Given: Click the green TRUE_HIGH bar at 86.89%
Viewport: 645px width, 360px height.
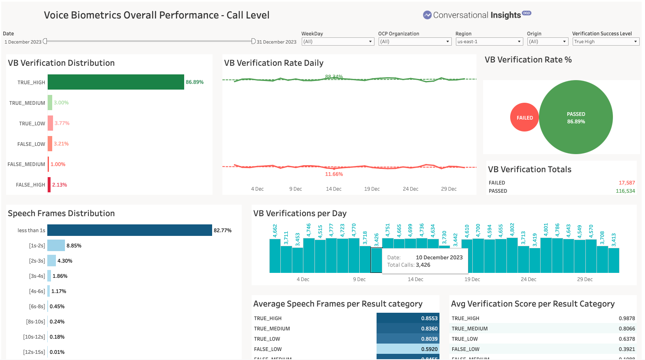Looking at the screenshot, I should pyautogui.click(x=116, y=82).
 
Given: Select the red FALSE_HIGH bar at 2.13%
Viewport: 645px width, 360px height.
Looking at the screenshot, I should pyautogui.click(x=49, y=185).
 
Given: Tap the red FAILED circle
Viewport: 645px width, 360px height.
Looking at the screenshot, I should pyautogui.click(x=525, y=118).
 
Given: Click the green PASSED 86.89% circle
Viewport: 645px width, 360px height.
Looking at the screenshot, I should pyautogui.click(x=576, y=118).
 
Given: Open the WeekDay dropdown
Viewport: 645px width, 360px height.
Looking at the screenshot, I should pyautogui.click(x=338, y=42).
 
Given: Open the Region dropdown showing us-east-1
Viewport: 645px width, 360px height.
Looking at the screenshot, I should pyautogui.click(x=489, y=42).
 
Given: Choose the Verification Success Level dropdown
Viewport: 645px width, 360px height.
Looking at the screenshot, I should pyautogui.click(x=606, y=42).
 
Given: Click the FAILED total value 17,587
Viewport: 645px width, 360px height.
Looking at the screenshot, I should pyautogui.click(x=627, y=183).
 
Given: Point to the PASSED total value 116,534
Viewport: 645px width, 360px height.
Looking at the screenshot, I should pyautogui.click(x=625, y=191).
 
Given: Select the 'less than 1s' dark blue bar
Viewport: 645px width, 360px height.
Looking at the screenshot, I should pyautogui.click(x=129, y=230).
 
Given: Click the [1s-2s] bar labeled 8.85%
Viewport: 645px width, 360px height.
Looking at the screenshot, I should pyautogui.click(x=56, y=245).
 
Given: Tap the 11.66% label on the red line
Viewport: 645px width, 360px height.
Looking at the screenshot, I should pyautogui.click(x=334, y=174).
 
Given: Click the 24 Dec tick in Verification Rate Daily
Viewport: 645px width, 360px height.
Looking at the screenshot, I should pyautogui.click(x=410, y=189).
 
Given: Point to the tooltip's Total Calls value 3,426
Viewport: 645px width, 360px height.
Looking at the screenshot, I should pyautogui.click(x=423, y=265).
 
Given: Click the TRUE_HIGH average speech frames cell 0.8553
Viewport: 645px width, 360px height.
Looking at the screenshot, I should pyautogui.click(x=407, y=318).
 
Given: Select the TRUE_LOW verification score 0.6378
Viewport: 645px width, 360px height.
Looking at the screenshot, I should pyautogui.click(x=627, y=339).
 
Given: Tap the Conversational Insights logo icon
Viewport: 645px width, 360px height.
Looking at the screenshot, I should pyautogui.click(x=427, y=15).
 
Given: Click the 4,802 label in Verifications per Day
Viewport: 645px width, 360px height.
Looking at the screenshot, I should pyautogui.click(x=512, y=230).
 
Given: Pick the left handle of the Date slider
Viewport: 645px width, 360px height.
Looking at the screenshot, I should pyautogui.click(x=45, y=41).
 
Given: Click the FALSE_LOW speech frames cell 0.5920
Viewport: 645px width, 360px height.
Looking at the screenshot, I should pyautogui.click(x=407, y=349).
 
